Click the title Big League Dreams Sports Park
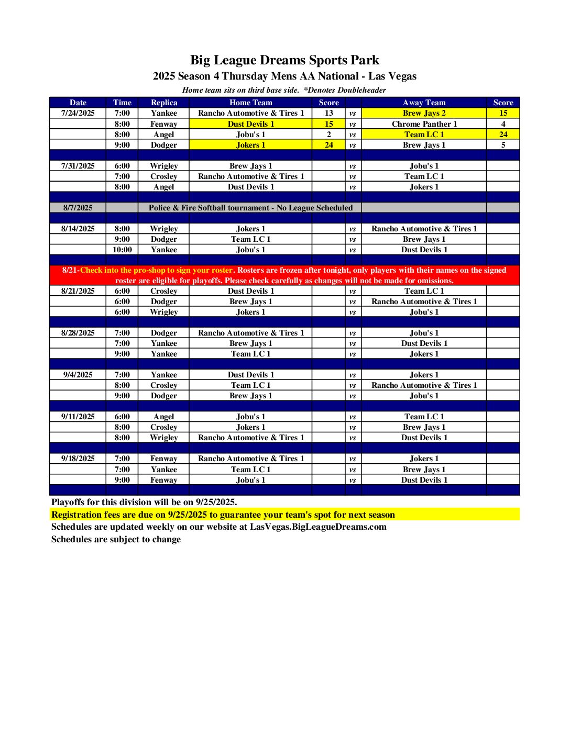pos(284,60)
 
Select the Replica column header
pos(164,103)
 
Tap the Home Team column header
pos(250,103)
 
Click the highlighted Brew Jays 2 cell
pos(424,113)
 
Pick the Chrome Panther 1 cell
pos(424,124)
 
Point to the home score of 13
pos(328,113)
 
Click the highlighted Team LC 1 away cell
pos(424,135)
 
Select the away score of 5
pos(503,145)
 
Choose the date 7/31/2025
pos(78,166)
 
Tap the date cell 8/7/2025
pos(78,208)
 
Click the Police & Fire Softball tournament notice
pos(250,208)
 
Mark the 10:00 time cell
pos(122,250)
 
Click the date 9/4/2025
pos(78,375)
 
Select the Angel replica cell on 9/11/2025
pos(164,417)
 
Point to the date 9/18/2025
pos(78,459)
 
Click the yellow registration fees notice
pos(223,515)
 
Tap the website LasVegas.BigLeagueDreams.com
pos(318,527)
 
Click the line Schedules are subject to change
pos(116,539)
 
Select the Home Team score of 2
pos(328,135)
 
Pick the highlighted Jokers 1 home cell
pos(250,145)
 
